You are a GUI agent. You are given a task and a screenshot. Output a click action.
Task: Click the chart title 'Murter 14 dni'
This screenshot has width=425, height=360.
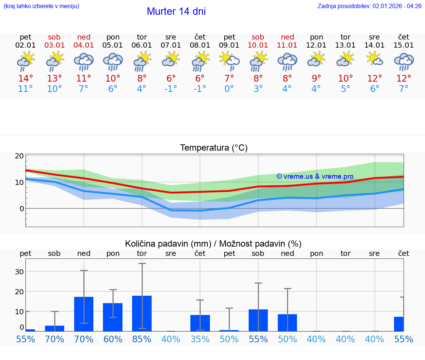(176, 11)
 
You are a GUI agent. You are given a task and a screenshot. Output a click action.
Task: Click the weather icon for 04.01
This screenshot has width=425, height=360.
(84, 61)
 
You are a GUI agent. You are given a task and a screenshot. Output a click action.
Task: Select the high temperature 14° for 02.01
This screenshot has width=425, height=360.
(25, 78)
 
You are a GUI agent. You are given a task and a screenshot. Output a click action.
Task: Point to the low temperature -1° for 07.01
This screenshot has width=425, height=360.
(171, 89)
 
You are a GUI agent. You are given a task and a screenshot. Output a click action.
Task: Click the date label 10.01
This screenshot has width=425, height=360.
(258, 45)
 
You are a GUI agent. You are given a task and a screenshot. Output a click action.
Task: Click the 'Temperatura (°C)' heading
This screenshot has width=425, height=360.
(214, 148)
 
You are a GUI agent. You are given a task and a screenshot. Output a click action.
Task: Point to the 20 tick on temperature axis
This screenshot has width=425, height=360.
(19, 156)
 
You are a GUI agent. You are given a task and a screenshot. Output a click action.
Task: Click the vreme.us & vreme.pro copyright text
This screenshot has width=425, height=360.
(315, 176)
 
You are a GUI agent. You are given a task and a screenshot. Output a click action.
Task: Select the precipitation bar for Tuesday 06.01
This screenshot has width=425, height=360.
(142, 313)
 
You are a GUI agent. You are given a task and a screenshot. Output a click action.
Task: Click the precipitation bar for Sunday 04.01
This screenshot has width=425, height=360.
(84, 314)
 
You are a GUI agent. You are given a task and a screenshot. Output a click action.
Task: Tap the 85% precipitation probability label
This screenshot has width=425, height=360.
(142, 339)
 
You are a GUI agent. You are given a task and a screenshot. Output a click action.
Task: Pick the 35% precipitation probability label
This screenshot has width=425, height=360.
(200, 339)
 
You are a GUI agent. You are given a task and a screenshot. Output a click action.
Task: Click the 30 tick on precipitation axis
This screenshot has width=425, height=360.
(19, 271)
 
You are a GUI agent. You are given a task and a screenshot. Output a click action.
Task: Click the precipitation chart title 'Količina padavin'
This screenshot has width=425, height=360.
(213, 244)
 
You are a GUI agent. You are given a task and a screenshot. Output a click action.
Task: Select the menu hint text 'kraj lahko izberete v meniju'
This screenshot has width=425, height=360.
(41, 6)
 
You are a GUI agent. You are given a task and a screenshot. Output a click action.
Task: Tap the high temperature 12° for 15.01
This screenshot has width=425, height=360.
(404, 78)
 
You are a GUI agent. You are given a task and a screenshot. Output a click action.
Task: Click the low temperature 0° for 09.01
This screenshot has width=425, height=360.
(229, 89)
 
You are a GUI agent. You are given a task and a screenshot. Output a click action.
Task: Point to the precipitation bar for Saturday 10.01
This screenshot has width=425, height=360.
(258, 320)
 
